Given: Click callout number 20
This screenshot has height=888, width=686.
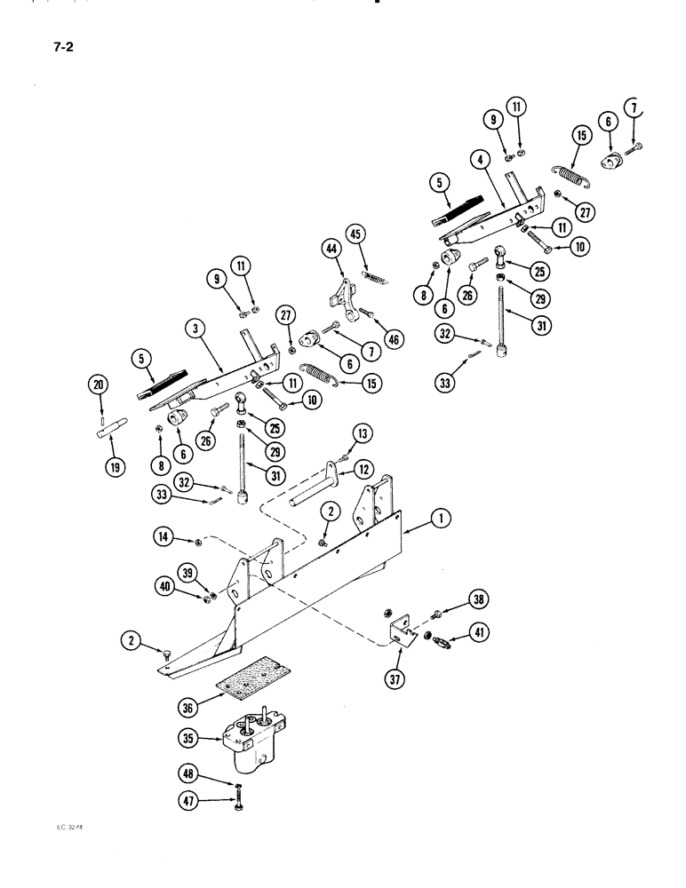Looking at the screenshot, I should click(x=97, y=384).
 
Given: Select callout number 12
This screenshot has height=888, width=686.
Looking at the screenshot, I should click(x=363, y=468).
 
